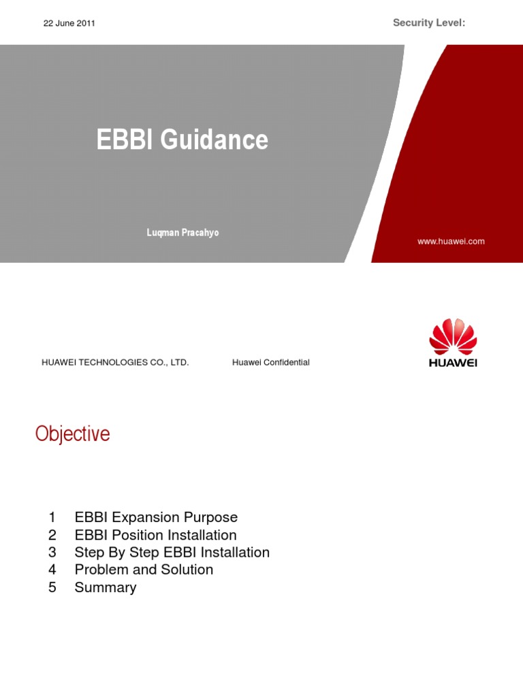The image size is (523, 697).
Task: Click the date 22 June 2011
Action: point(69,23)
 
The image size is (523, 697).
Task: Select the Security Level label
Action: point(429,22)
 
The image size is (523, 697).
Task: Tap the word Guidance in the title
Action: point(215,139)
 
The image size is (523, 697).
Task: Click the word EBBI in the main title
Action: point(125,139)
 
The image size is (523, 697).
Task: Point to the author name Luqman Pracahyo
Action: point(183,233)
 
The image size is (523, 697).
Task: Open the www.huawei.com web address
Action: point(451,242)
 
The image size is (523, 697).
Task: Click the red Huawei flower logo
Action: point(453,336)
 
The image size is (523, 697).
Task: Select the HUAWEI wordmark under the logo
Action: point(453,363)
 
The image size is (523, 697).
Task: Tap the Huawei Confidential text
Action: point(271,362)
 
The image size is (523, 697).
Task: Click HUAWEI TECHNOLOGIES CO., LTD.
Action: point(115,362)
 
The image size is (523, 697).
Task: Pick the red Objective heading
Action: point(72,434)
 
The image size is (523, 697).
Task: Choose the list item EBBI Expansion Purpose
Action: point(156,517)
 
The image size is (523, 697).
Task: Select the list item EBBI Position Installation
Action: point(156,535)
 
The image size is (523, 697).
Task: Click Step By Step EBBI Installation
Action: point(172,552)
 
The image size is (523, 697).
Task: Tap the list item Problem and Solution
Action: point(144,570)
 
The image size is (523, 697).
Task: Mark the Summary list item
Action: point(106,587)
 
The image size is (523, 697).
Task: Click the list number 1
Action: point(52,517)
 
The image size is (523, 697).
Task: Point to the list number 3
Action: point(52,552)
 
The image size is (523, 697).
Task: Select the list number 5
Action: point(52,587)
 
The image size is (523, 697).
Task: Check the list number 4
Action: point(52,570)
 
